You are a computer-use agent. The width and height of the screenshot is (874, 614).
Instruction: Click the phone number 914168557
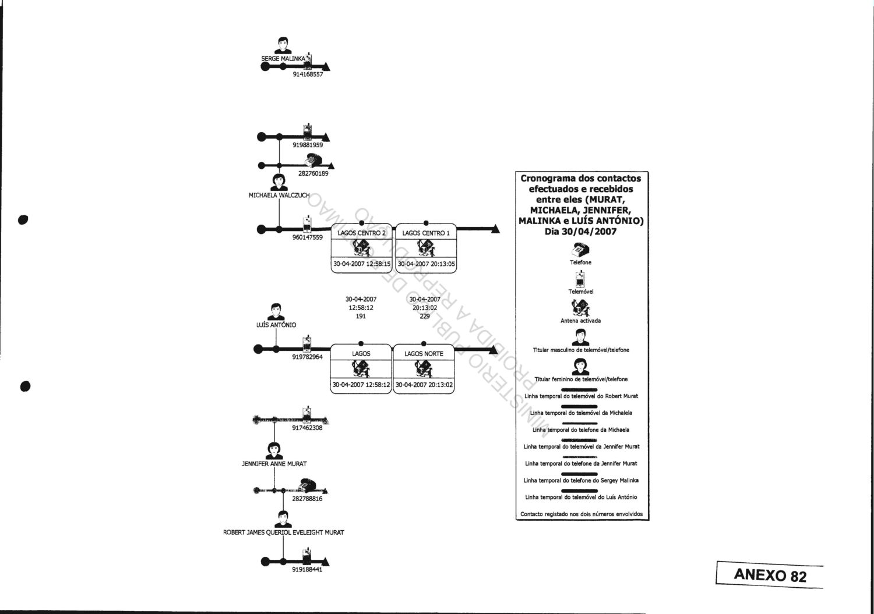coord(308,74)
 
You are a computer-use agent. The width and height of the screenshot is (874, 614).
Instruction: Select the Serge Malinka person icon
coord(283,46)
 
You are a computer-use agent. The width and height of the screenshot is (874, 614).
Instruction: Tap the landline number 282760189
coord(313,173)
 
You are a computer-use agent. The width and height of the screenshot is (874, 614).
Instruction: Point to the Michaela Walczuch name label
coord(279,196)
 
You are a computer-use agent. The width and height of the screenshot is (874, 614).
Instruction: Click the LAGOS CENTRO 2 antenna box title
coord(361,233)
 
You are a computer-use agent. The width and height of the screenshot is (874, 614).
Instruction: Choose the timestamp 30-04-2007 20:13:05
coord(427,264)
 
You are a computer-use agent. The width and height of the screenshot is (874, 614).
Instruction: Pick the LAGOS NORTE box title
coord(424,354)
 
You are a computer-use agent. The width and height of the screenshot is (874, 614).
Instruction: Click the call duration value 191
coord(361,317)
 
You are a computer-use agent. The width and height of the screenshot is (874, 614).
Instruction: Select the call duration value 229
coord(425,317)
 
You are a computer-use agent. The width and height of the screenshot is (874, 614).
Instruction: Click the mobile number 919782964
coord(307,357)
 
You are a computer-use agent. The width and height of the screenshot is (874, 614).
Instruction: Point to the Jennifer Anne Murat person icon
coord(273,450)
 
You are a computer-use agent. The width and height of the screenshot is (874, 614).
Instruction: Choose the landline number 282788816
coord(307,499)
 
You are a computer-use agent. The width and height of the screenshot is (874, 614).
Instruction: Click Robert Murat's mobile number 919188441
coord(307,570)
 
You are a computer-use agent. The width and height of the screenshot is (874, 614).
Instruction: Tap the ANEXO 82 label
coord(770,575)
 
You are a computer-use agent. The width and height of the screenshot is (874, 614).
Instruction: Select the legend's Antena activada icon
coord(581,307)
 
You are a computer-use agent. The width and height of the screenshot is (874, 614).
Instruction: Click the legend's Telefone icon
coord(581,250)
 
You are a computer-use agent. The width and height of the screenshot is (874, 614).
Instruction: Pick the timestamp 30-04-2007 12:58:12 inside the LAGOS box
coord(361,385)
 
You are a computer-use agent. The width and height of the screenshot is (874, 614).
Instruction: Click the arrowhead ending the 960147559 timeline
coord(495,229)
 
